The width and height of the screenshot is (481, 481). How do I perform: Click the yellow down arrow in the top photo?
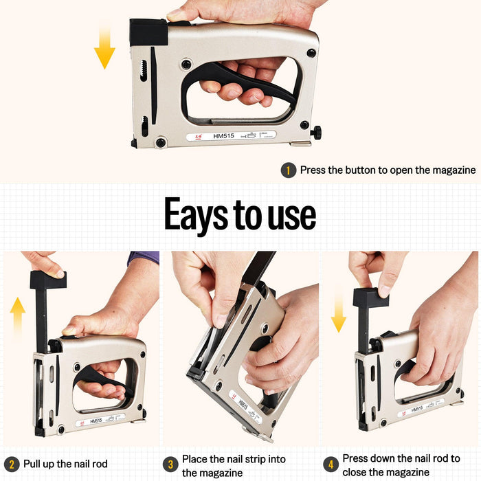point(104,46)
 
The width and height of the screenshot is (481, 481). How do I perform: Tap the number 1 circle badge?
point(288,170)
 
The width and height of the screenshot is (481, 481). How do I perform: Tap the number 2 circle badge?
point(11,465)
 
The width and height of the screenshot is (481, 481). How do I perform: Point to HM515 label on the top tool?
point(224,136)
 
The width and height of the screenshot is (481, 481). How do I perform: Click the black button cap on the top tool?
point(148,32)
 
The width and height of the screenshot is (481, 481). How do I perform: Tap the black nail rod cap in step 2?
point(47,280)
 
